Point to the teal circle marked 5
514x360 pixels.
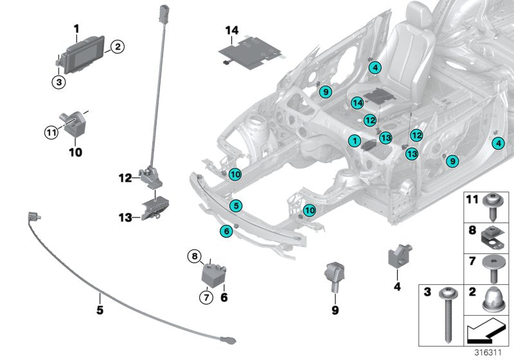(x=236, y=206)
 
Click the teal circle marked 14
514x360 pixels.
(x=358, y=103)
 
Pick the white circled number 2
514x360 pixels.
(x=116, y=46)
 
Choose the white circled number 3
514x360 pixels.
(x=58, y=82)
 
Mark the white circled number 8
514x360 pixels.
(x=194, y=256)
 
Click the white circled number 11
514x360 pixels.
(x=51, y=133)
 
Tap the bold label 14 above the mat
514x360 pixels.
(x=232, y=30)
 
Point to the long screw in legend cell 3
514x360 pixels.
(x=447, y=309)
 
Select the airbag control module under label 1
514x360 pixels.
(x=84, y=51)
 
